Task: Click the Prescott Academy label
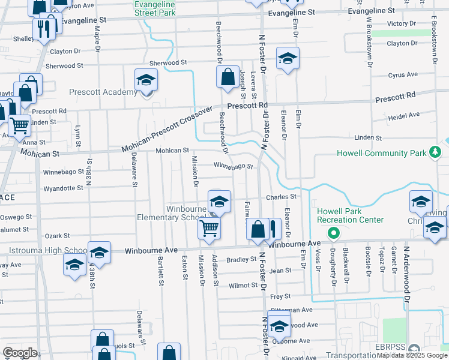pyautogui.click(x=103, y=92)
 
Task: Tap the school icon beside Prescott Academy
pyautogui.click(x=146, y=80)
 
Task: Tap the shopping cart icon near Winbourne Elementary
pyautogui.click(x=209, y=227)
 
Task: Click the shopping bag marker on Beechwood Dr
pyautogui.click(x=228, y=77)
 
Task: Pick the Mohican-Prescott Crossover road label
pyautogui.click(x=167, y=130)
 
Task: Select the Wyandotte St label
pyautogui.click(x=64, y=188)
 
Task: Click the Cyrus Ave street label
pyautogui.click(x=403, y=75)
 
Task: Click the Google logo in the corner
pyautogui.click(x=20, y=353)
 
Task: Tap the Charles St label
pyautogui.click(x=282, y=196)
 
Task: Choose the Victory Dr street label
pyautogui.click(x=402, y=23)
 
